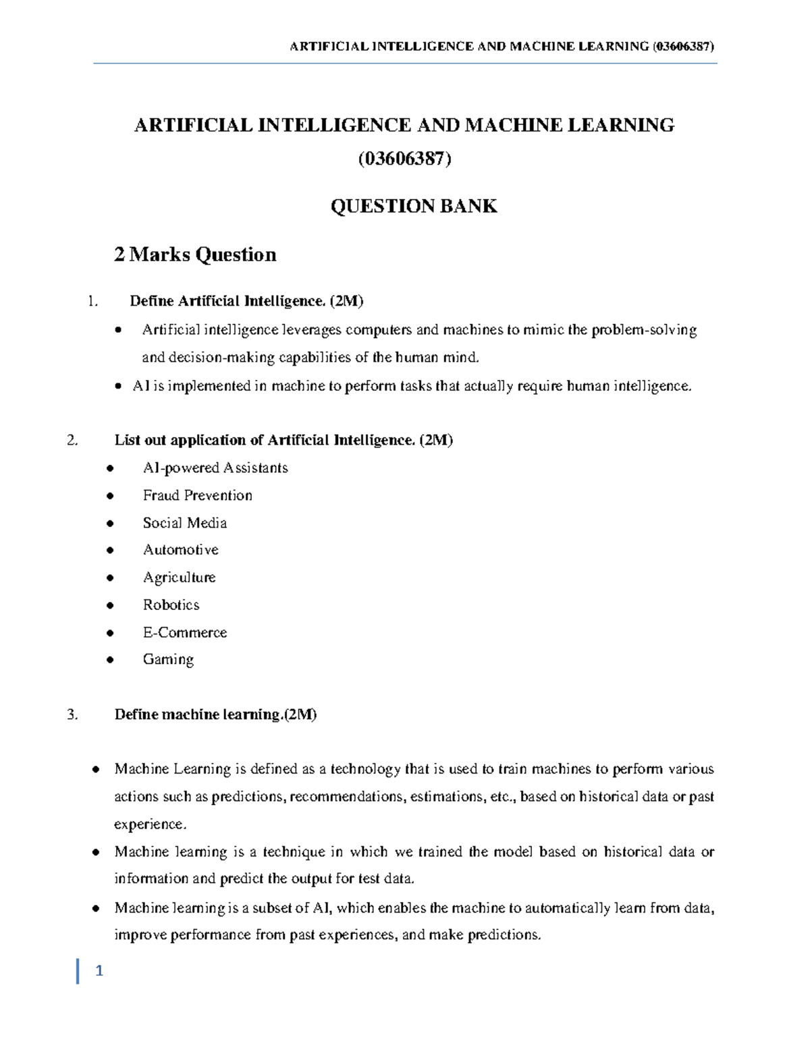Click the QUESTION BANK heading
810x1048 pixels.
(x=413, y=206)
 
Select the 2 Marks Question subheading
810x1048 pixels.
(x=195, y=254)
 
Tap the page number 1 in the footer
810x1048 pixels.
(x=99, y=972)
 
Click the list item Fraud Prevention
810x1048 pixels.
(x=197, y=495)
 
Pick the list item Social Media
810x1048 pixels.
(x=184, y=523)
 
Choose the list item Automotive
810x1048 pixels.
(x=180, y=550)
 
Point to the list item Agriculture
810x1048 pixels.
(x=179, y=578)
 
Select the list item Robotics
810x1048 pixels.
(x=171, y=605)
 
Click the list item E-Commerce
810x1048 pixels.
(x=184, y=632)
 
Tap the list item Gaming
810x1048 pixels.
(x=168, y=659)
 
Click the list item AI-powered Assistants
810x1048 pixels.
(x=215, y=468)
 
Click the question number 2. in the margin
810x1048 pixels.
(x=73, y=441)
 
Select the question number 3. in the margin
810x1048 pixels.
(x=73, y=715)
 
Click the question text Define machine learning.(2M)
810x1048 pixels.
(x=215, y=715)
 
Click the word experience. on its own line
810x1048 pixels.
(x=149, y=824)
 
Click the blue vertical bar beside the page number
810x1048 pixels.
(x=78, y=971)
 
